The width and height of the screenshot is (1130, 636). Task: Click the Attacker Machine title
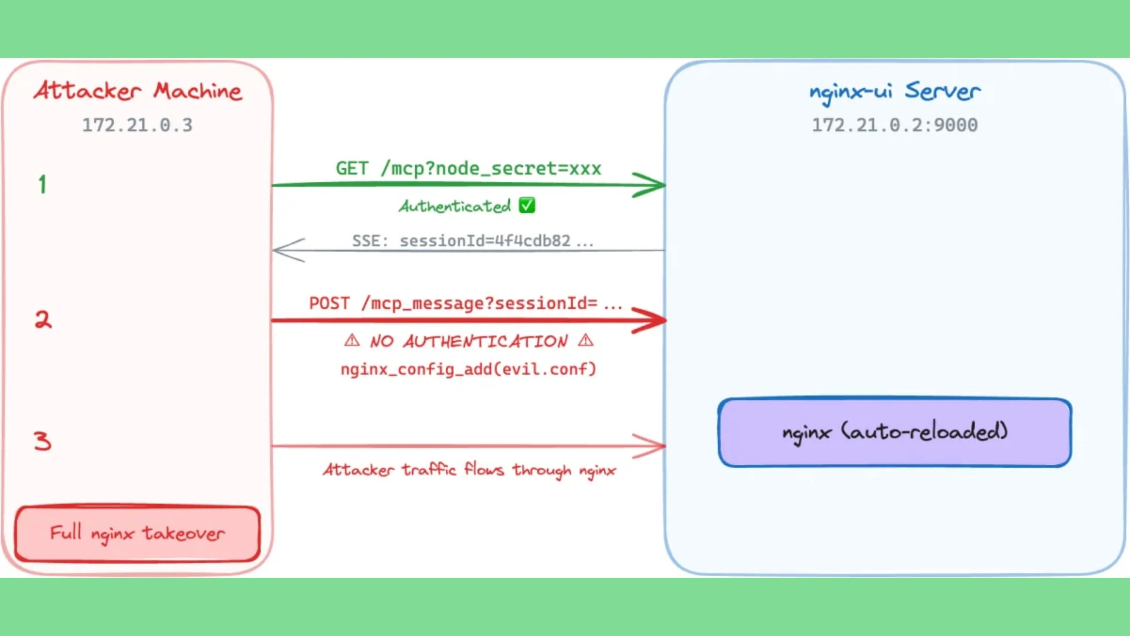pyautogui.click(x=138, y=91)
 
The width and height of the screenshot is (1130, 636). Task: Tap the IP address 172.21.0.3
pyautogui.click(x=137, y=125)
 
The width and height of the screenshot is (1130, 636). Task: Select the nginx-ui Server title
pyautogui.click(x=895, y=91)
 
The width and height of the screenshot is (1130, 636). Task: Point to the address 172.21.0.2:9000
pyautogui.click(x=895, y=125)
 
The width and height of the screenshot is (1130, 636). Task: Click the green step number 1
pyautogui.click(x=42, y=185)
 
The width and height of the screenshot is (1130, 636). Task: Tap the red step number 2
pyautogui.click(x=43, y=320)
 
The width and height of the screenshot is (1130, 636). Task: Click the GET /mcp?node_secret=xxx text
pyautogui.click(x=468, y=168)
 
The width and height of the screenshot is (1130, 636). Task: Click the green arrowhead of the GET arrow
pyautogui.click(x=651, y=185)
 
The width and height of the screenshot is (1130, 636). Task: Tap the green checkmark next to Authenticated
pyautogui.click(x=527, y=205)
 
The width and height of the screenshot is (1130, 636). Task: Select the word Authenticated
pyautogui.click(x=455, y=206)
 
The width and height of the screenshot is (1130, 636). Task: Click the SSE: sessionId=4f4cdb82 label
pyautogui.click(x=472, y=241)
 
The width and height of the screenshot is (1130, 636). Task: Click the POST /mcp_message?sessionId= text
pyautogui.click(x=465, y=303)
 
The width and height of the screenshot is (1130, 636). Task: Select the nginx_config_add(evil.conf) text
pyautogui.click(x=468, y=369)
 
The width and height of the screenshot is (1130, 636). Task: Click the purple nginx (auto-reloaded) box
pyautogui.click(x=895, y=432)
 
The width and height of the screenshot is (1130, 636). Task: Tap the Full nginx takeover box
pyautogui.click(x=137, y=533)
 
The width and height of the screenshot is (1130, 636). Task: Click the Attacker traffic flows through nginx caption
pyautogui.click(x=469, y=470)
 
